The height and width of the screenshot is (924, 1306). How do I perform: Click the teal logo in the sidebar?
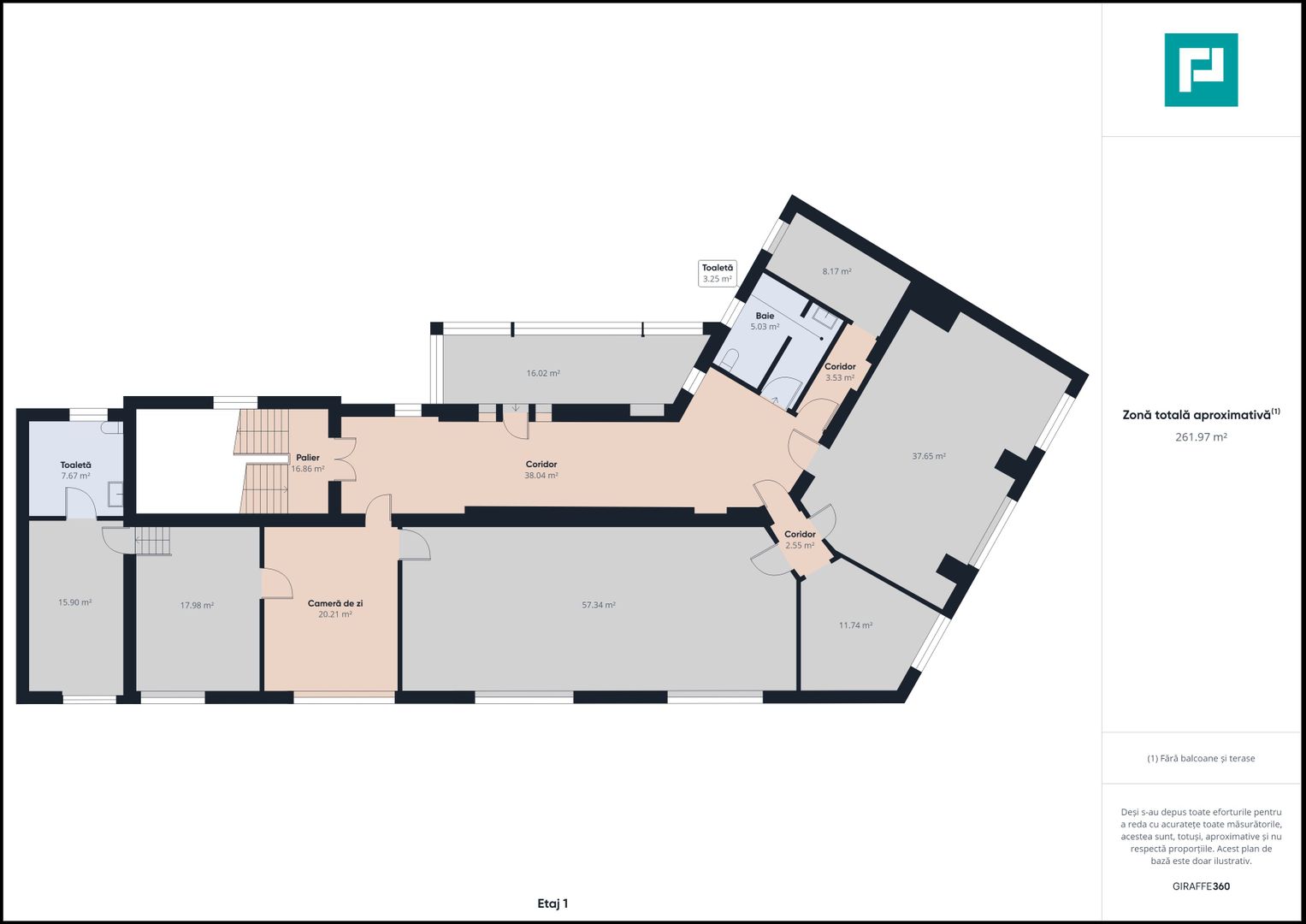[x=1201, y=70]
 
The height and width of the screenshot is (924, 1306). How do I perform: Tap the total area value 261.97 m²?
[x=1201, y=437]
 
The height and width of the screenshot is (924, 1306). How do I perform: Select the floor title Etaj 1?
[x=553, y=903]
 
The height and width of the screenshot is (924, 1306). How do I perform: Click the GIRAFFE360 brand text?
[x=1201, y=886]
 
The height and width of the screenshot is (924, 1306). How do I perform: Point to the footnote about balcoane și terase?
[x=1201, y=758]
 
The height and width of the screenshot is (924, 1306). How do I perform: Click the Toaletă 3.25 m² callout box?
[x=717, y=273]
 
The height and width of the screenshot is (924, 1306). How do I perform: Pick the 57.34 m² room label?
[x=599, y=605]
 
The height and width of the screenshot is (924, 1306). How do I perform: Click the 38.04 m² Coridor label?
[x=541, y=470]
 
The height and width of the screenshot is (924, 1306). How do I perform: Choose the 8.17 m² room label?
[x=836, y=271]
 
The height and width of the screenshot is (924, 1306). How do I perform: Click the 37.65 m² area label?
[x=929, y=456]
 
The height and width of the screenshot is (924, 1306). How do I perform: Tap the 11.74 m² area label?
[x=855, y=625]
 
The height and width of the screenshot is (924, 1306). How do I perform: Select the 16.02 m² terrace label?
[x=543, y=373]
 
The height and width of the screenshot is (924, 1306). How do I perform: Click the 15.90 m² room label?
[x=74, y=602]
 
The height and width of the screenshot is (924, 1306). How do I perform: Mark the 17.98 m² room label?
[x=197, y=606]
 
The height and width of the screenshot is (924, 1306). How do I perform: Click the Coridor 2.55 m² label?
[x=800, y=540]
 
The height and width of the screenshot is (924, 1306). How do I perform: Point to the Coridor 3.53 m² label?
[x=840, y=371]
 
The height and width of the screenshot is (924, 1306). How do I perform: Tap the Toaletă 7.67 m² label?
[x=76, y=471]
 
